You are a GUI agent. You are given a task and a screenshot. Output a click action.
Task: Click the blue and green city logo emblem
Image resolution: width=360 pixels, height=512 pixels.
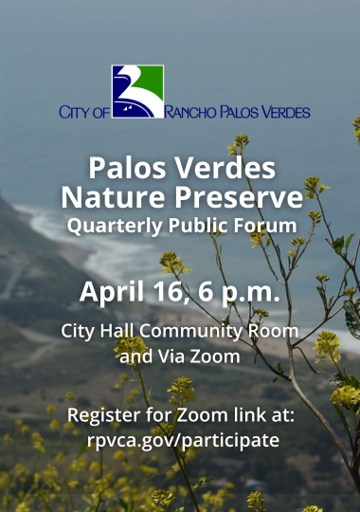tap(137, 91)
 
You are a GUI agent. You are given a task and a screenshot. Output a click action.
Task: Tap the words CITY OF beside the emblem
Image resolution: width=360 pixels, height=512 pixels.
tap(84, 112)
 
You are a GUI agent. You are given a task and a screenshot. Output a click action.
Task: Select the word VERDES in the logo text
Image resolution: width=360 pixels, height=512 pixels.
tap(284, 112)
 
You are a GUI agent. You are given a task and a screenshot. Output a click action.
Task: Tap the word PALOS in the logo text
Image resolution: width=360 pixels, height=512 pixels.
tap(238, 112)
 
